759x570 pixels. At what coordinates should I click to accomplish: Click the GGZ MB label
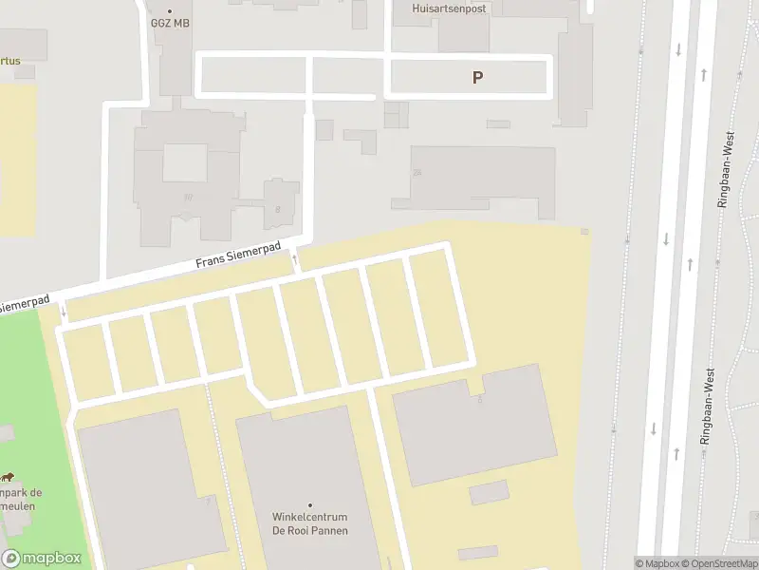pos(171,23)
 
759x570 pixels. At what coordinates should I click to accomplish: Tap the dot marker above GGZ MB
pos(170,11)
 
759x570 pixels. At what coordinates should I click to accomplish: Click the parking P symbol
pos(478,78)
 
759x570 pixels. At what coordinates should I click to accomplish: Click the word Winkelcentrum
pos(309,518)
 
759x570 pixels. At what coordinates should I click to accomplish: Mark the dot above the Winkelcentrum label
pos(309,505)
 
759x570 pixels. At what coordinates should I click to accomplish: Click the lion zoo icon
pos(7,476)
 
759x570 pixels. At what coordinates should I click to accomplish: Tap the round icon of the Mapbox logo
pos(11,559)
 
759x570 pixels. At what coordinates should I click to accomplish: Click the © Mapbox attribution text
pos(658,563)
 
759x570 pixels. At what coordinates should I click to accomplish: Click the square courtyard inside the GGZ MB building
pos(185,161)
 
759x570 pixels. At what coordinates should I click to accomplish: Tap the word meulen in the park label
pos(19,505)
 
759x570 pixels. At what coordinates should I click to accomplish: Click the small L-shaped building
pos(361,140)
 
